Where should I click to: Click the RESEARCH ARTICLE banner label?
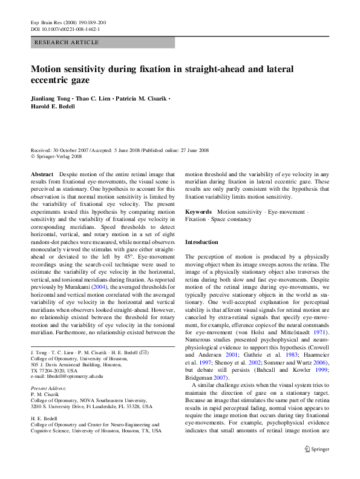point(67,42)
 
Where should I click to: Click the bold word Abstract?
point(42,174)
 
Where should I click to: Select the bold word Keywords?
point(198,212)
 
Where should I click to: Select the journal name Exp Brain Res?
point(45,22)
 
